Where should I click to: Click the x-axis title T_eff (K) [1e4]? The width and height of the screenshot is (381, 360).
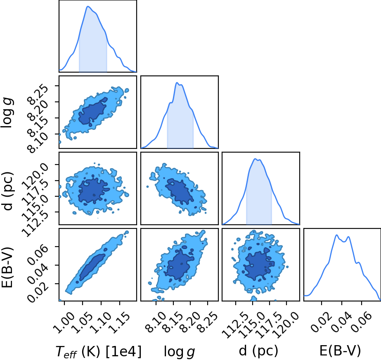click(98, 351)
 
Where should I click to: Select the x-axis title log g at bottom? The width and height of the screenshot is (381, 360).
click(179, 351)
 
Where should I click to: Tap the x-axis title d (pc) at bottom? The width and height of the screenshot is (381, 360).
click(258, 351)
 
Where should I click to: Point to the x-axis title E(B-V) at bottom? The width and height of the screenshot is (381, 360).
click(340, 351)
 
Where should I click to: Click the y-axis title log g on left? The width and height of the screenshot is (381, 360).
click(7, 112)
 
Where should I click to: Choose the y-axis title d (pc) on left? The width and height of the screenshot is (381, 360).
click(7, 191)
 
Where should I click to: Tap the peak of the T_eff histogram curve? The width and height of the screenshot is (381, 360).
click(88, 6)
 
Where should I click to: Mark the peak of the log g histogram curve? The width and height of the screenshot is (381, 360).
click(177, 83)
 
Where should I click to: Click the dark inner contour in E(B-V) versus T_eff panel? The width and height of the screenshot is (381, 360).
click(92, 267)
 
